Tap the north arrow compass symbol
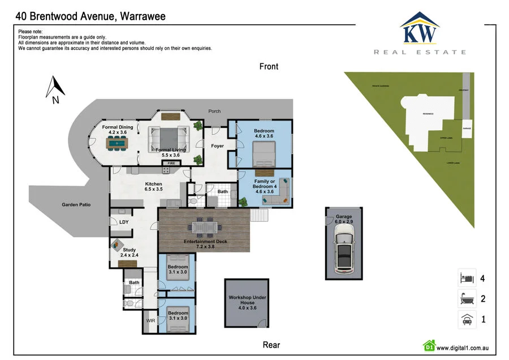[x=56, y=89]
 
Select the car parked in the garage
[x=343, y=253]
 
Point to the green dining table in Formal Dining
[x=118, y=144]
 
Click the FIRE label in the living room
[x=171, y=163]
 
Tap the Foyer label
[x=217, y=146]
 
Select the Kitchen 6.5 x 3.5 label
[x=154, y=187]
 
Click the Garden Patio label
[x=76, y=205]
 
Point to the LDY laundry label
[x=124, y=222]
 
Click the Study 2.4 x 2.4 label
[x=129, y=252]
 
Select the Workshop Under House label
[x=247, y=303]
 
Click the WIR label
[x=150, y=320]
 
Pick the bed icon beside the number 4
[x=467, y=278]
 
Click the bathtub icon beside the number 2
[x=467, y=298]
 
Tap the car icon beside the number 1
[x=467, y=319]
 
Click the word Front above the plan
[x=269, y=66]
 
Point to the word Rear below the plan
[x=271, y=345]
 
